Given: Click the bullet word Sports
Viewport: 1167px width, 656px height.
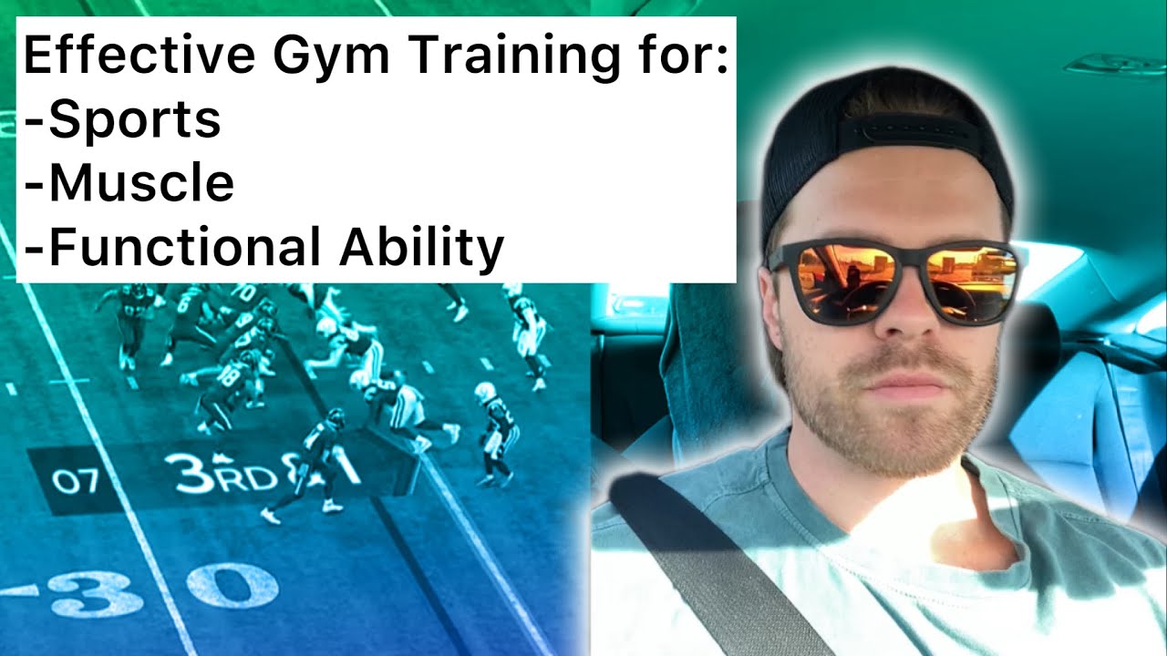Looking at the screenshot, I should pos(134,120).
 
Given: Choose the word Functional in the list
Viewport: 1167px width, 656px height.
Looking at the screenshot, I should pos(180,246).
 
